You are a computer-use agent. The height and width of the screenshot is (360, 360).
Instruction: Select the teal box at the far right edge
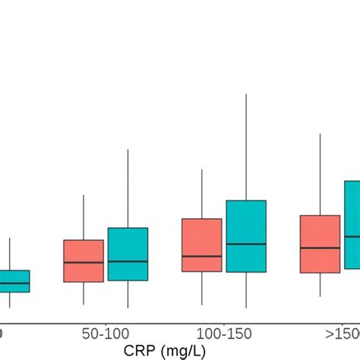pyautogui.click(x=352, y=224)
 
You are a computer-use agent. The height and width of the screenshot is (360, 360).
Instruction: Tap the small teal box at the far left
pyautogui.click(x=14, y=281)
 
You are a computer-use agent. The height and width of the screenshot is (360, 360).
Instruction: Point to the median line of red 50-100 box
pyautogui.click(x=84, y=263)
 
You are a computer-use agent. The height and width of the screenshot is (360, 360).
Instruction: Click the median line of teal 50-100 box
pyautogui.click(x=128, y=261)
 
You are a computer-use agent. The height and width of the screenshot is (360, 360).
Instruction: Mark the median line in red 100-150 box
pyautogui.click(x=202, y=256)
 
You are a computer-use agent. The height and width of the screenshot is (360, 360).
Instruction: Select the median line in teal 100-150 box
pyautogui.click(x=246, y=244)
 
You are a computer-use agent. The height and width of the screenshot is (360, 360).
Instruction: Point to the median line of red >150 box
pyautogui.click(x=321, y=248)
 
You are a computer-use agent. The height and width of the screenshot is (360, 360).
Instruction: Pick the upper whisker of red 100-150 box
pyautogui.click(x=202, y=194)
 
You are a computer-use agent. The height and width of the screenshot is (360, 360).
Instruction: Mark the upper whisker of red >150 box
pyautogui.click(x=321, y=175)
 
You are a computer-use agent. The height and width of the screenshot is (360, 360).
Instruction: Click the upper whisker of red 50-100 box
pyautogui.click(x=84, y=217)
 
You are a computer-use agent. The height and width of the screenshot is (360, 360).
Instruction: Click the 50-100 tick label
pyautogui.click(x=106, y=334)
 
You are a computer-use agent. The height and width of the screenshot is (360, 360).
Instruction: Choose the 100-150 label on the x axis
pyautogui.click(x=224, y=334)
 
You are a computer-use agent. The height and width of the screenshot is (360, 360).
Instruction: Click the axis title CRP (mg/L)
pyautogui.click(x=166, y=351)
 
